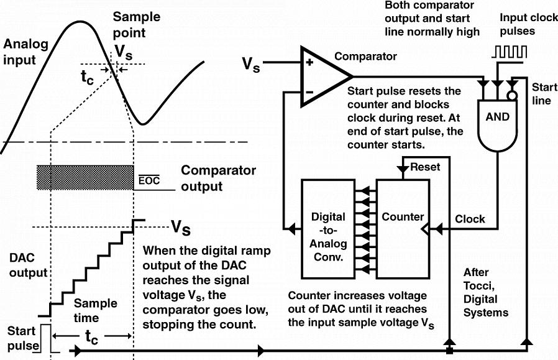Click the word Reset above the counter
click(x=425, y=168)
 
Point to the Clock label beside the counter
click(x=470, y=219)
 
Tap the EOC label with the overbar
click(x=149, y=181)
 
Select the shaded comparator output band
click(x=86, y=177)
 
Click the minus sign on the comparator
click(x=308, y=92)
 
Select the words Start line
click(x=542, y=95)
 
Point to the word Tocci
click(x=477, y=285)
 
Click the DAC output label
click(x=28, y=265)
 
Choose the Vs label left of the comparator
click(x=251, y=63)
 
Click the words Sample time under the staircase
click(x=95, y=310)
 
